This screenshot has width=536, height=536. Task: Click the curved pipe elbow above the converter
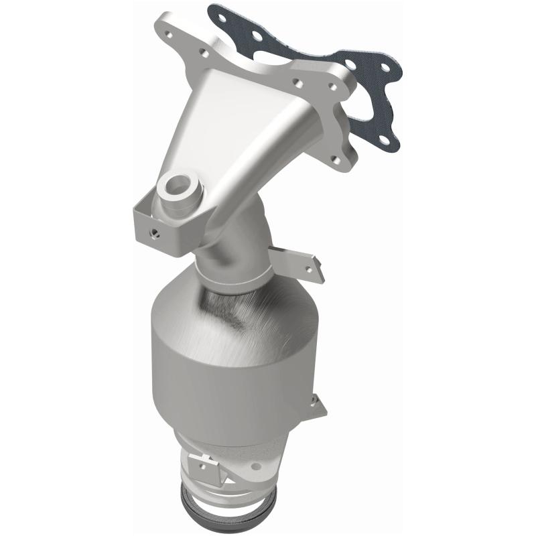pyautogui.click(x=241, y=248)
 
